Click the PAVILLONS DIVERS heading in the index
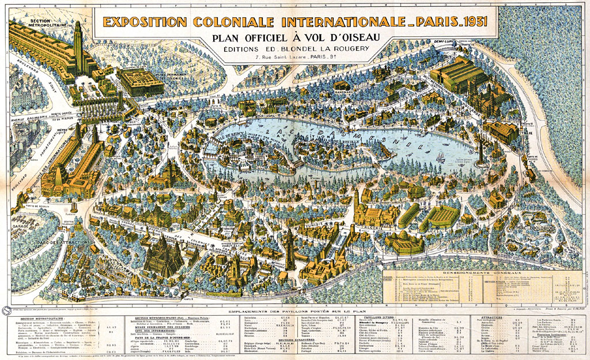pyautogui.click(x=379, y=317)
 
